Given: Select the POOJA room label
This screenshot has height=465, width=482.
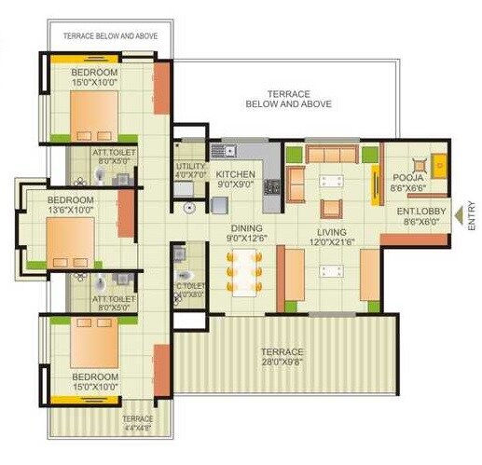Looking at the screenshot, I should [x=407, y=177].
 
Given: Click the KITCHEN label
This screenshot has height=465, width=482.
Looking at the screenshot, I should [x=236, y=174].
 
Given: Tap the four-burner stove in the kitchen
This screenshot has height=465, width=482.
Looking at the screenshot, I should [x=273, y=185].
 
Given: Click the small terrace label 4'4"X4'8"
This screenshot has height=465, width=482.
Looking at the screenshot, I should [x=137, y=430].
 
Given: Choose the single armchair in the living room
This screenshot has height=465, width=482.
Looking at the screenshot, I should [x=331, y=206].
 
